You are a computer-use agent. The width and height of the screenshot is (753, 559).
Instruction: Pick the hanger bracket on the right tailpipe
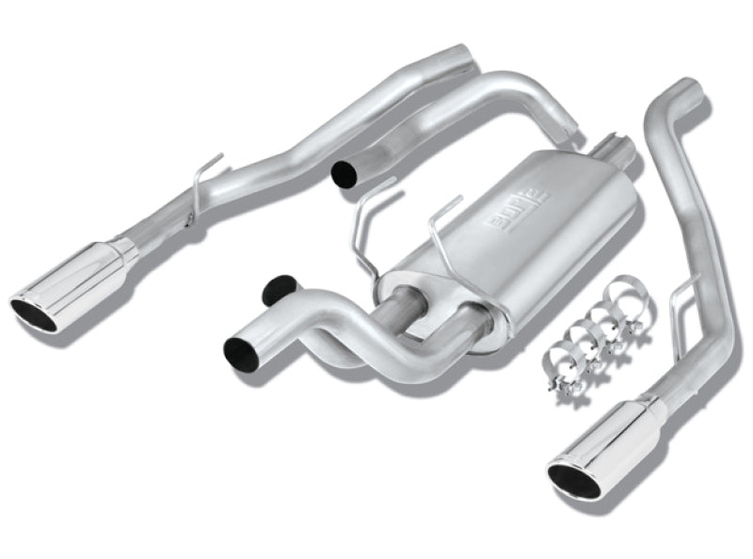click(x=681, y=292)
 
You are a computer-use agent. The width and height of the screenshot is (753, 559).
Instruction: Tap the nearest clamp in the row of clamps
click(x=560, y=362)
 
